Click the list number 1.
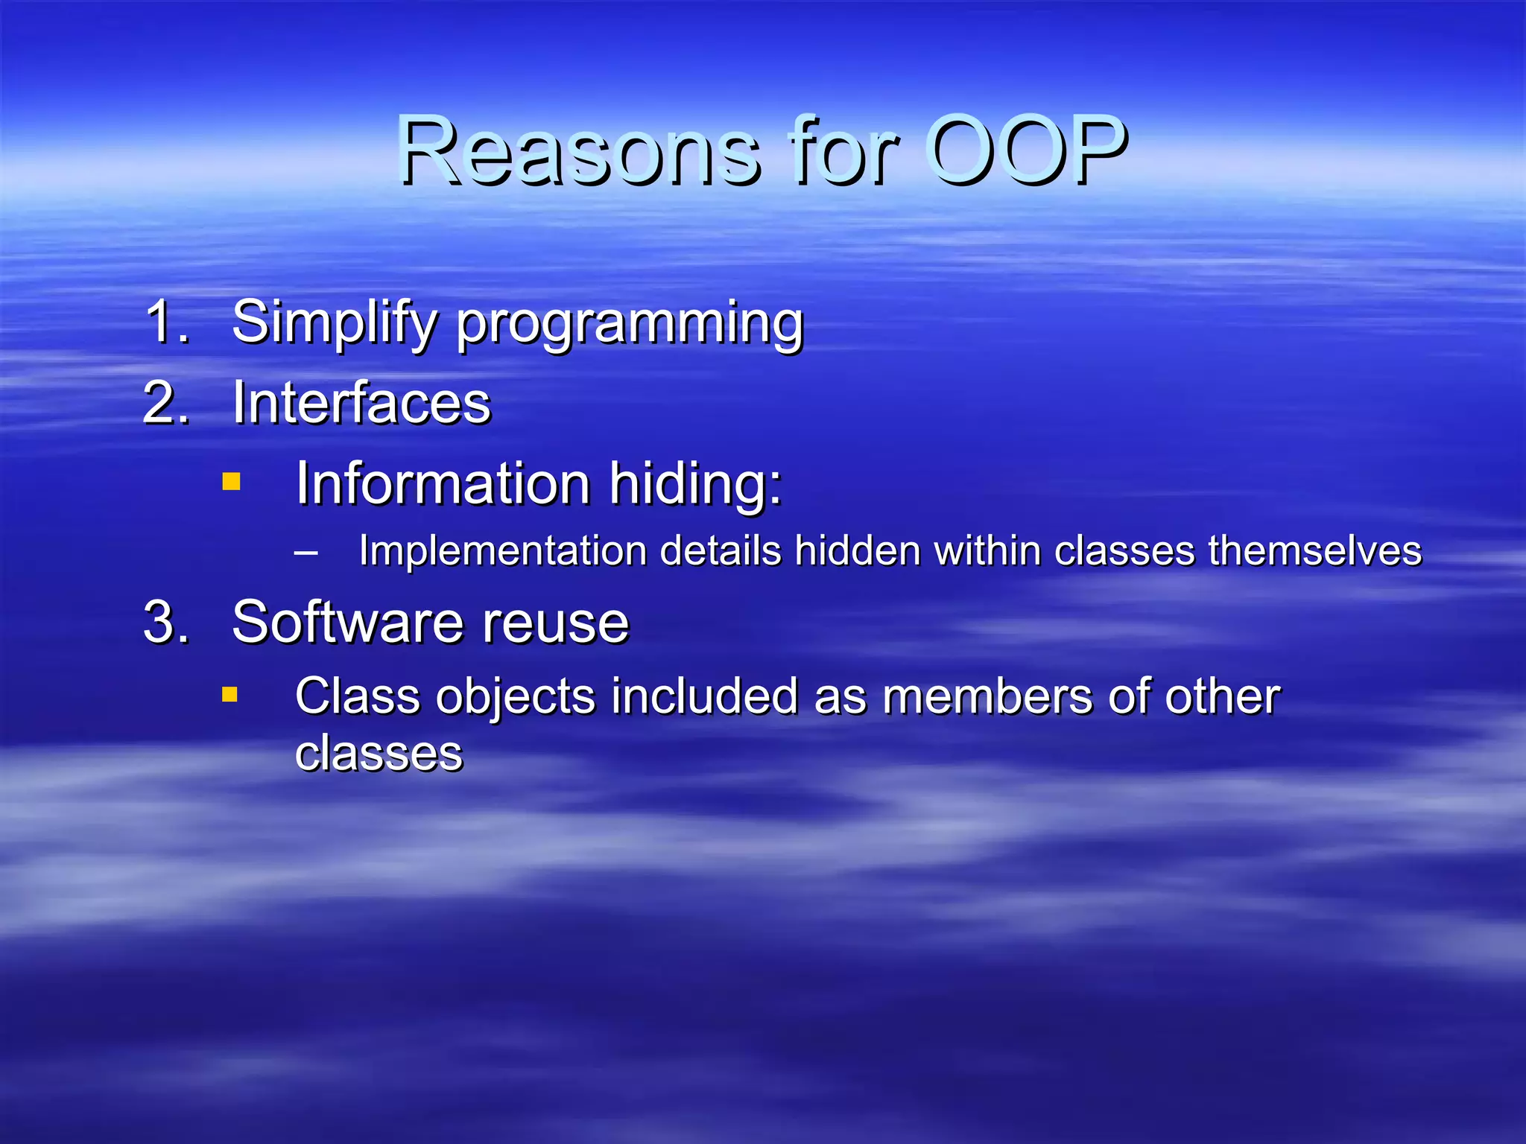165,322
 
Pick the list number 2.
165,403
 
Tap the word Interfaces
361,403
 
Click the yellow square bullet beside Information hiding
232,483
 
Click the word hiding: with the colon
696,485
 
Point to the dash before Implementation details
305,553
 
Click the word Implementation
503,552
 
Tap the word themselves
1314,552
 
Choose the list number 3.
165,622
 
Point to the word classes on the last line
379,754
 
